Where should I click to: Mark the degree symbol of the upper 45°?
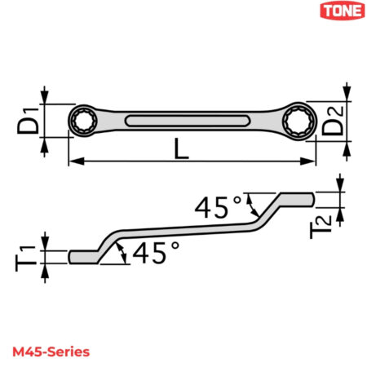click(238, 199)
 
